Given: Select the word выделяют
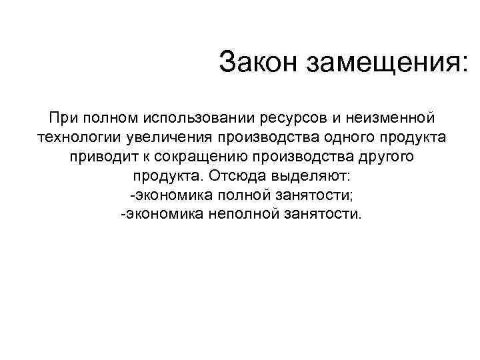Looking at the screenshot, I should pyautogui.click(x=304, y=177).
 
